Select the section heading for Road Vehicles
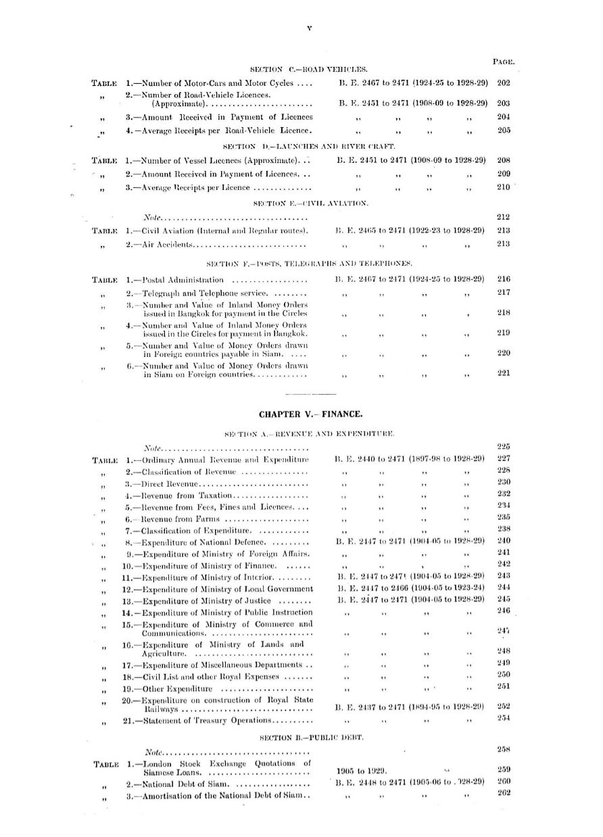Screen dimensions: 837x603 coord(308,69)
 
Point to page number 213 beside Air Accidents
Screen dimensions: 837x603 coord(503,243)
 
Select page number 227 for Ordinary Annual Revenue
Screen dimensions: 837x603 coord(503,458)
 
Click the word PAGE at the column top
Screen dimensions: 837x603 coord(504,62)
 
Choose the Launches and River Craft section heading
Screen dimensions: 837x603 coord(309,146)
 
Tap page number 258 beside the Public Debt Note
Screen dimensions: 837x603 coord(503,749)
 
